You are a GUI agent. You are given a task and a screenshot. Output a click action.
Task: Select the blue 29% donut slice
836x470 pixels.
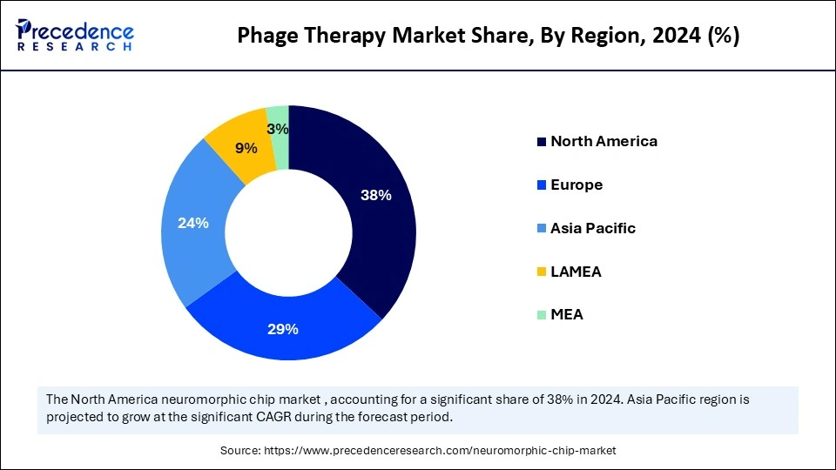tap(283, 335)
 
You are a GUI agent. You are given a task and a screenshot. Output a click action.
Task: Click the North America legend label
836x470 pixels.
tap(603, 141)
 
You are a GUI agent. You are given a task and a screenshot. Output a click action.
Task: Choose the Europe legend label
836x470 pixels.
tap(576, 185)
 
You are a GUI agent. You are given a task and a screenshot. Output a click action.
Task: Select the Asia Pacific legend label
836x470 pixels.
tap(593, 228)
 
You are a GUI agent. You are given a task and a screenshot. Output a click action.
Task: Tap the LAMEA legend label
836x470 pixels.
tap(576, 272)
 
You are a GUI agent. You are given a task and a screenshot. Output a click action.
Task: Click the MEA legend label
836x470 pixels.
tap(567, 314)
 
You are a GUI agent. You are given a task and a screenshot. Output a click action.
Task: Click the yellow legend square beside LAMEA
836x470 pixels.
tap(542, 272)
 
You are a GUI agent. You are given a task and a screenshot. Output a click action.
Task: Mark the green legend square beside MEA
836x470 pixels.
tap(542, 314)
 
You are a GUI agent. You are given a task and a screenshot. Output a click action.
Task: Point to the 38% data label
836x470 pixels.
tap(376, 195)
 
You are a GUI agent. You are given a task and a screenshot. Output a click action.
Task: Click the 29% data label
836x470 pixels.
tap(284, 329)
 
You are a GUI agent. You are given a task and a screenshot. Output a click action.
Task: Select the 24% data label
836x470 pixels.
tap(192, 223)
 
